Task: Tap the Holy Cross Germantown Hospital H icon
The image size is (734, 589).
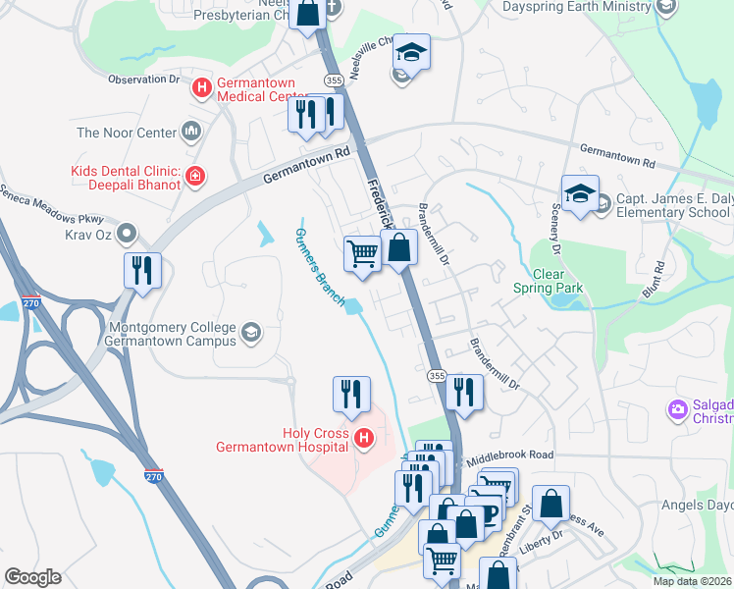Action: [364, 438]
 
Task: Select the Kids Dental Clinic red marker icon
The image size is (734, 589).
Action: [195, 177]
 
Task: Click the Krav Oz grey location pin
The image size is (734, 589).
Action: [127, 233]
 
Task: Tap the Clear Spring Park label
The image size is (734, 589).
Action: [548, 281]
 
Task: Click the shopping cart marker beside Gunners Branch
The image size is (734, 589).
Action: [362, 254]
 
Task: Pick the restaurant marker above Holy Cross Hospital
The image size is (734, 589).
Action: [351, 395]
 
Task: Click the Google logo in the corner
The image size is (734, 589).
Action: [32, 577]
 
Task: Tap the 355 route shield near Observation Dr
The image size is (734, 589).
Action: [333, 80]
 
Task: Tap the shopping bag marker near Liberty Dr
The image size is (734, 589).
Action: [550, 505]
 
